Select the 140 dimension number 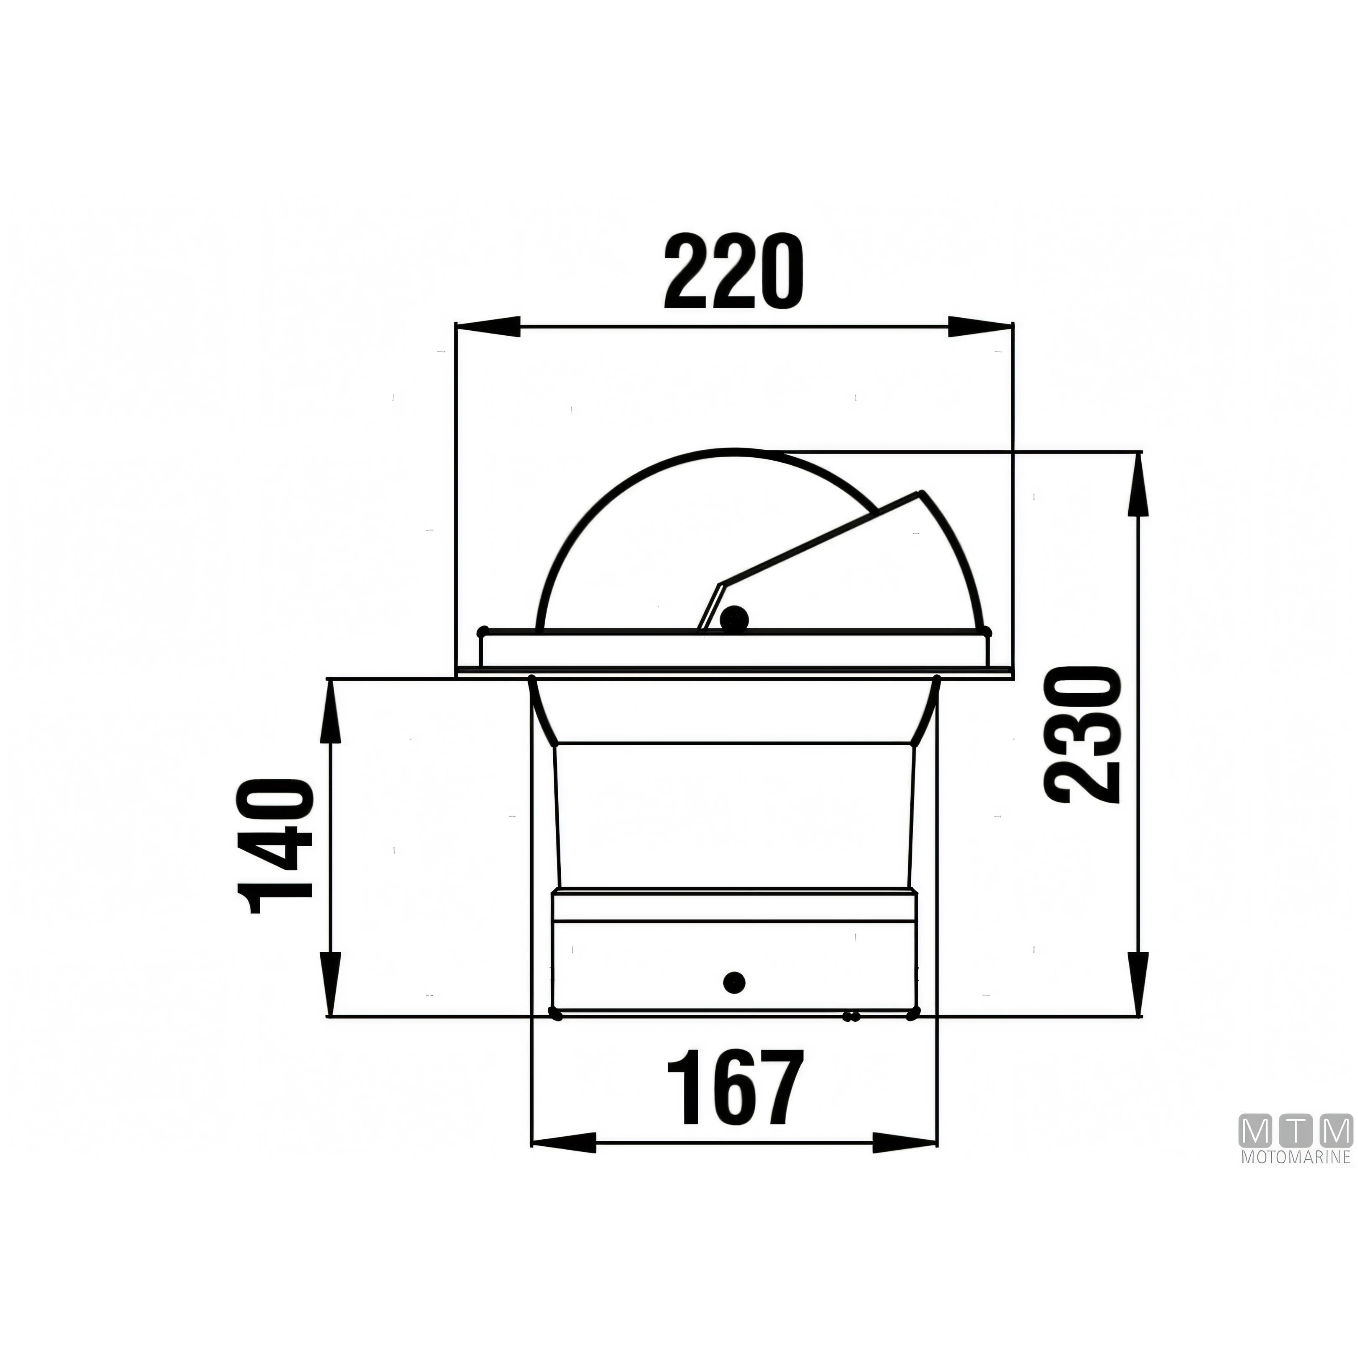click(275, 845)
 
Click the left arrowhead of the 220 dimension click(489, 327)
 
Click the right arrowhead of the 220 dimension click(980, 327)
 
